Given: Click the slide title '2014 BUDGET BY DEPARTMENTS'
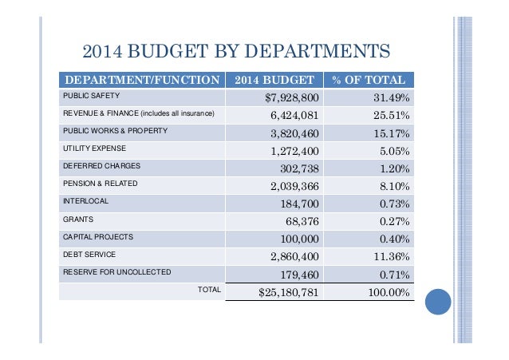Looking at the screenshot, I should click(x=236, y=53).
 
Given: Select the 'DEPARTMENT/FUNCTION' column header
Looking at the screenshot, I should click(x=141, y=81).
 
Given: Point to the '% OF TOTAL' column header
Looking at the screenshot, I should click(x=370, y=81).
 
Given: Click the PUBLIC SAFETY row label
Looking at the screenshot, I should click(x=91, y=96).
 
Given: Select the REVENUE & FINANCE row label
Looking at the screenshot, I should click(x=138, y=113).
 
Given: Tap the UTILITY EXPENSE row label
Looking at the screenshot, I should click(x=94, y=148).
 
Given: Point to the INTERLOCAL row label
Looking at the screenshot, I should click(x=85, y=201).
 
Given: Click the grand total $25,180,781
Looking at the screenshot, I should click(x=289, y=292).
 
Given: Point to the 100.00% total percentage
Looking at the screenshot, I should click(x=385, y=292).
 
